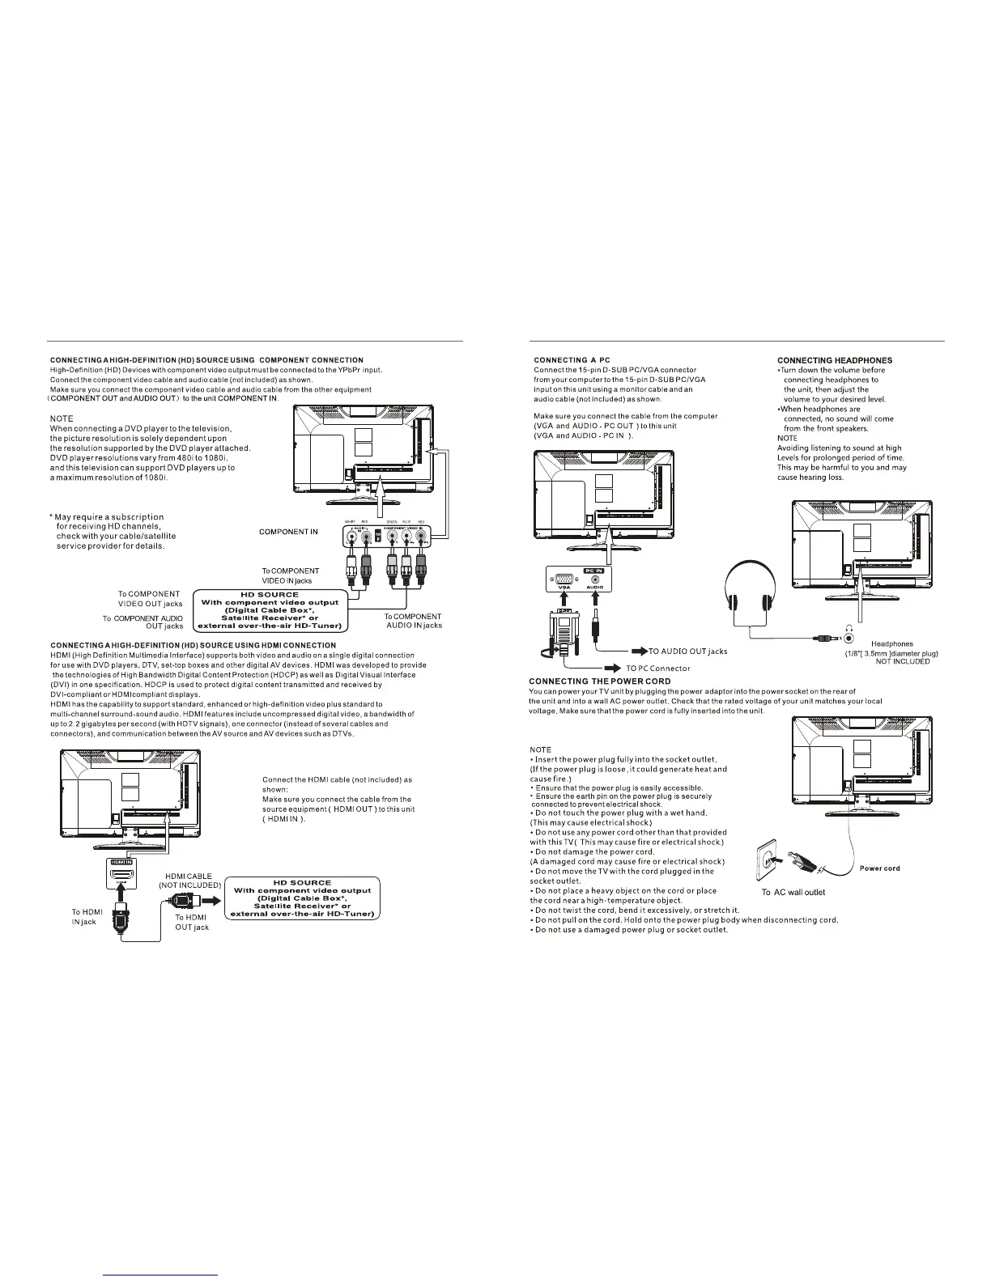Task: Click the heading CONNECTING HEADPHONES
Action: [835, 360]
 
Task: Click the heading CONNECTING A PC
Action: [572, 360]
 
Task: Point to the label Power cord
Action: [879, 868]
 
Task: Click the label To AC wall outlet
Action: [793, 892]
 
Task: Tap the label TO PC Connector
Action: [657, 669]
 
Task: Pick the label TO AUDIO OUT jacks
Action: [688, 651]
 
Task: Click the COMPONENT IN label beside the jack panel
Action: [288, 532]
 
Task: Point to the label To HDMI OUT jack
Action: [192, 922]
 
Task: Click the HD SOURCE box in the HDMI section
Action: [302, 898]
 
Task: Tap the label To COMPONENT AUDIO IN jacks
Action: [413, 621]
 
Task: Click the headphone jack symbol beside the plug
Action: [849, 638]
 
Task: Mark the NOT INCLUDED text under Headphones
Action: [903, 661]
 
